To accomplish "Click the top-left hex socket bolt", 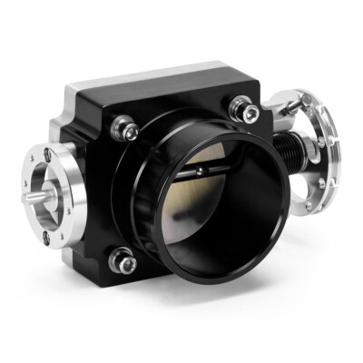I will tap(127, 131).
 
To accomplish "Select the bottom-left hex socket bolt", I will tap(123, 261).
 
